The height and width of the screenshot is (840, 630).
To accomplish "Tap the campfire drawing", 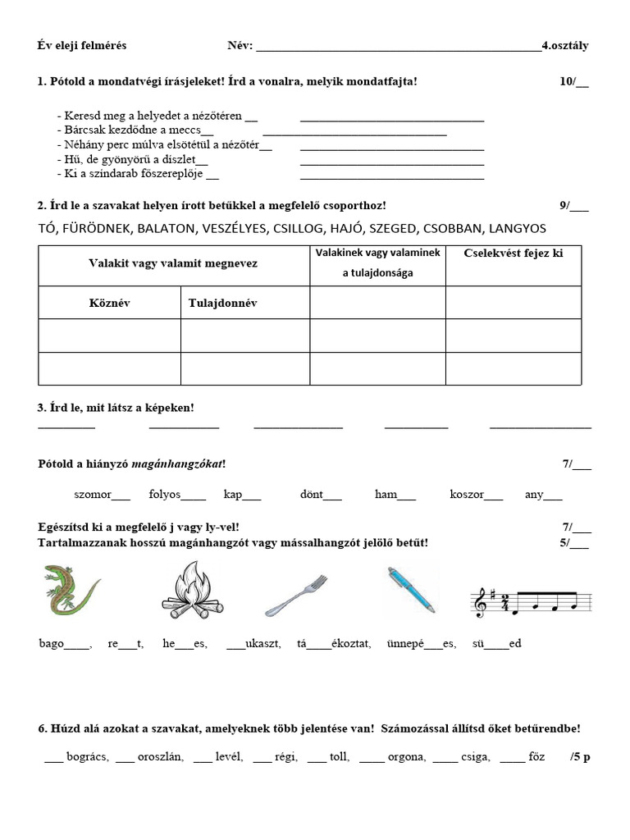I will (x=192, y=590).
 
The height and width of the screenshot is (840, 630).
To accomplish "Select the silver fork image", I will (x=295, y=595).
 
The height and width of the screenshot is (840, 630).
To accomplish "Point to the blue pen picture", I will (x=411, y=590).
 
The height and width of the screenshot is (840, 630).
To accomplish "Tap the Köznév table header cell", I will (x=109, y=303).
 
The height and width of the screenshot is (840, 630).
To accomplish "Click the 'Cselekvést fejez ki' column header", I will (x=514, y=253).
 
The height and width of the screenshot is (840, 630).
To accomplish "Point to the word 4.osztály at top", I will (x=565, y=45).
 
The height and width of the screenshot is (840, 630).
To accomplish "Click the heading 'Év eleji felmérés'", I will (x=82, y=45).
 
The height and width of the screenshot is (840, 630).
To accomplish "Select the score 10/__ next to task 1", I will (x=574, y=81).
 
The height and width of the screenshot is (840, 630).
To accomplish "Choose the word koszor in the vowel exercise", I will (x=466, y=495).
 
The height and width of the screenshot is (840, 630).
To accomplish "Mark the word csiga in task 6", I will (x=475, y=756).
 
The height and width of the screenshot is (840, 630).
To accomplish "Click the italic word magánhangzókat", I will (x=176, y=464).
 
